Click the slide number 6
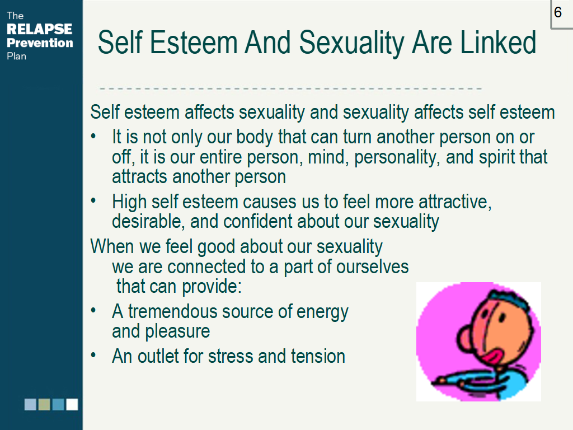click(558, 12)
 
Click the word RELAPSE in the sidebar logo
click(40, 29)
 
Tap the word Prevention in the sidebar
click(40, 43)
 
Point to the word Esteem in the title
click(194, 43)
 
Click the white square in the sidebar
click(72, 404)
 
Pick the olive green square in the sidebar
click(44, 404)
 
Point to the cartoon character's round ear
click(464, 339)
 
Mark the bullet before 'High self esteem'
click(93, 200)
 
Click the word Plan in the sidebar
click(16, 57)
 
